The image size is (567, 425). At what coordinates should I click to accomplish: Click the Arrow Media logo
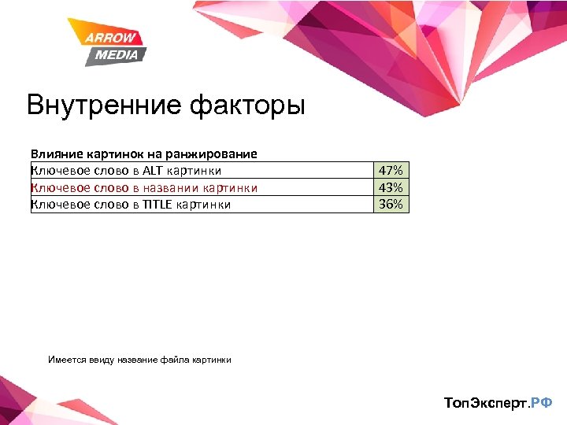click(106, 42)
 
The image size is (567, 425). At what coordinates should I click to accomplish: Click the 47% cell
click(391, 170)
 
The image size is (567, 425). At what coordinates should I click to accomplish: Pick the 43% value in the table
click(391, 187)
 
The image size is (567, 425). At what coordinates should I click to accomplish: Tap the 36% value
click(391, 205)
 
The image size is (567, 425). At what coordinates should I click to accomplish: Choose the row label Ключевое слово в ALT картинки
click(126, 170)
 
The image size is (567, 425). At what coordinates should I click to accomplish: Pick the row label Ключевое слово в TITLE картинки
click(131, 205)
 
